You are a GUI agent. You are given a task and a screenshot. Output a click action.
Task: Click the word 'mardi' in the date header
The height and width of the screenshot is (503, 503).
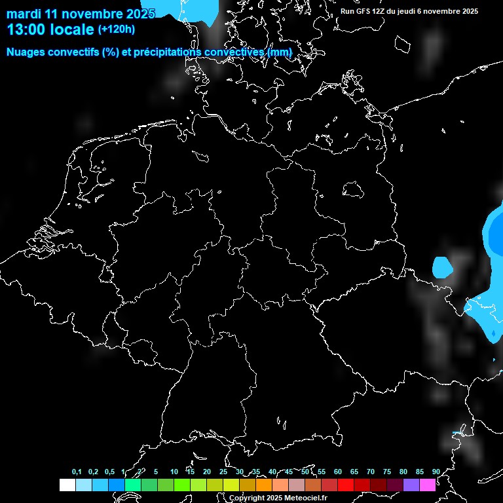(23, 14)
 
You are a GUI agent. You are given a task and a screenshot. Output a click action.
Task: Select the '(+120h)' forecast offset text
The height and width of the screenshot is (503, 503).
(117, 29)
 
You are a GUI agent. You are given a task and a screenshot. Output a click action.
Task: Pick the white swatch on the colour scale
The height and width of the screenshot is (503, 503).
(67, 485)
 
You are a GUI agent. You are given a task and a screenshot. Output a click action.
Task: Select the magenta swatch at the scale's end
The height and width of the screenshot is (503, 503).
(428, 485)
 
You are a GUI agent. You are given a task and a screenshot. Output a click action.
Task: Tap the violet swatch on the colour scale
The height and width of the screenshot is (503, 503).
(411, 485)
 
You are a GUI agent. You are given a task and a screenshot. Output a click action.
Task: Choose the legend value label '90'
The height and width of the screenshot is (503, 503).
(436, 472)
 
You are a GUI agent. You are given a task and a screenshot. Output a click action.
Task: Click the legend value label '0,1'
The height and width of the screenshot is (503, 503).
(77, 472)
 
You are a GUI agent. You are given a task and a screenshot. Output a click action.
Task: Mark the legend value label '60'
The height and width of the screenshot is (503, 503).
(338, 472)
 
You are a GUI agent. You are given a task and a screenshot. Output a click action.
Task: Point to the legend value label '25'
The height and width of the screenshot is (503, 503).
(223, 472)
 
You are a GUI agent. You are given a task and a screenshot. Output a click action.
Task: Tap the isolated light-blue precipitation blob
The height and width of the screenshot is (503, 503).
(443, 267)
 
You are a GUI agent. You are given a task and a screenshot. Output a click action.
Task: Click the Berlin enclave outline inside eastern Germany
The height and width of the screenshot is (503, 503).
(353, 189)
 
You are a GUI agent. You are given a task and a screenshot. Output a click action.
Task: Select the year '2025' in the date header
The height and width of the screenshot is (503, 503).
(141, 14)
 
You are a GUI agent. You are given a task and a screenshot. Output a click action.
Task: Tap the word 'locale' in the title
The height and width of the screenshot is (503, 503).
(75, 29)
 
